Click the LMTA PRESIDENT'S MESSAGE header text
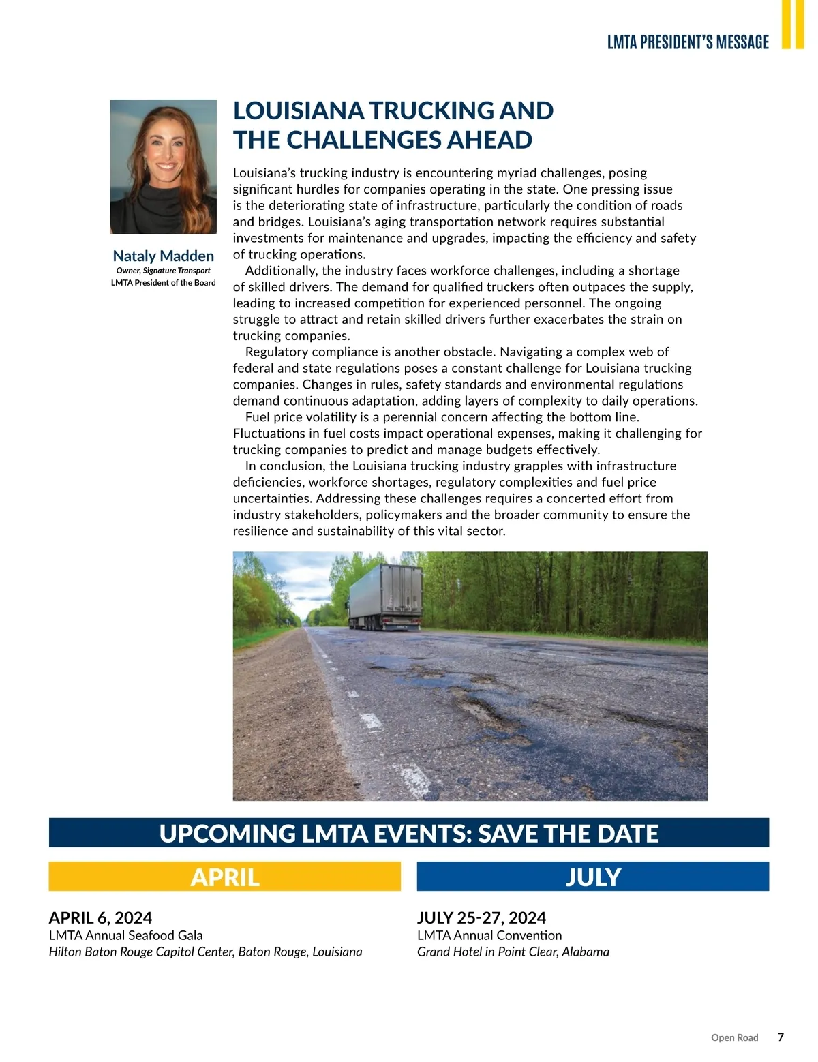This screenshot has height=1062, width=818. [x=688, y=42]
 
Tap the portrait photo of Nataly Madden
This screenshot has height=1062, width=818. [x=164, y=167]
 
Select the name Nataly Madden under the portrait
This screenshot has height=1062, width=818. [x=164, y=256]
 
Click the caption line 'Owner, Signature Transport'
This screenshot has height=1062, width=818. [x=164, y=271]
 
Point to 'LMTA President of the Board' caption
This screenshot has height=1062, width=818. [x=164, y=283]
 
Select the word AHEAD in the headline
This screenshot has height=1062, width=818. [x=489, y=140]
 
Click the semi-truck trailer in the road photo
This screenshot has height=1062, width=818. [x=385, y=594]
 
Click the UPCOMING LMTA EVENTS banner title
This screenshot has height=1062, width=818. [x=409, y=833]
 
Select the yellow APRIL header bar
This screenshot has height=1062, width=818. [x=225, y=877]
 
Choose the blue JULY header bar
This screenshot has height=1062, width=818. [x=593, y=877]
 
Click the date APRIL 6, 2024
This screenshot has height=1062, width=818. [x=100, y=917]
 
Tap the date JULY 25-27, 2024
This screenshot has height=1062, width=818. [x=481, y=917]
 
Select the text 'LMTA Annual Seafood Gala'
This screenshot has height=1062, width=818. [x=125, y=935]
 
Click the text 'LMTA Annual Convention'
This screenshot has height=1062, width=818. [x=489, y=935]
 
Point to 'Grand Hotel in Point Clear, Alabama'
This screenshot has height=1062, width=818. [x=513, y=952]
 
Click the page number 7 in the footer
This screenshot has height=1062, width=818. [x=781, y=1037]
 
